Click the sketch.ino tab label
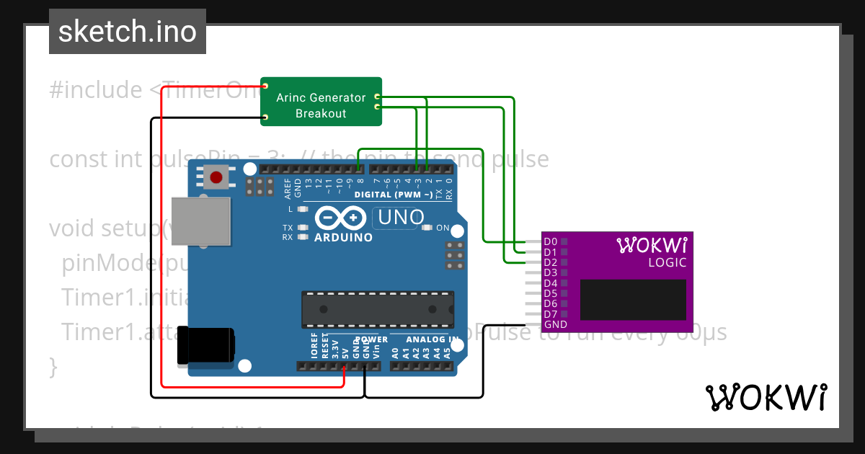point(127,32)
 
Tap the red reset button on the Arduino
point(215,177)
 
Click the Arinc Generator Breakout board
point(321,102)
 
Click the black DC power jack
point(205,345)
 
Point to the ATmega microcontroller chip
point(378,309)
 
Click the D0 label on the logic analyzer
point(551,241)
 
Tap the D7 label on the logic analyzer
point(551,314)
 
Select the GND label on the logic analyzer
point(555,324)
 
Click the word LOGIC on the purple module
point(667,262)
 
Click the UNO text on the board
point(398,217)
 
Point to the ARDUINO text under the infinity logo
point(343,237)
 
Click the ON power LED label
point(443,228)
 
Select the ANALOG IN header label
point(432,339)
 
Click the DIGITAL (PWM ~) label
point(393,195)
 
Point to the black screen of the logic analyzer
point(633,300)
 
